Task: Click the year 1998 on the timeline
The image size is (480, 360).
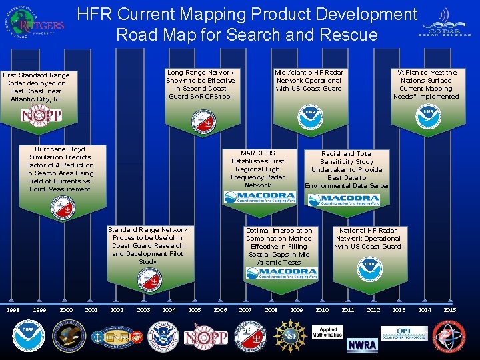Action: pos(13,310)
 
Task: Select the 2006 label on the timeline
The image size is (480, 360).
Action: pos(219,310)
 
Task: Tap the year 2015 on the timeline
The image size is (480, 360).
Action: pos(450,310)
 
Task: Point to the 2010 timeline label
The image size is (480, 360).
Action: pos(321,310)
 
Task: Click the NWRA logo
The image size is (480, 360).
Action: pos(363,345)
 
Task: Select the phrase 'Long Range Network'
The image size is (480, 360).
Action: pos(200,73)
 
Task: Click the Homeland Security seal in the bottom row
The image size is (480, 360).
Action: pos(162,336)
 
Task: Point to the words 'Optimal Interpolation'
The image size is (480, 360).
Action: pos(279,230)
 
